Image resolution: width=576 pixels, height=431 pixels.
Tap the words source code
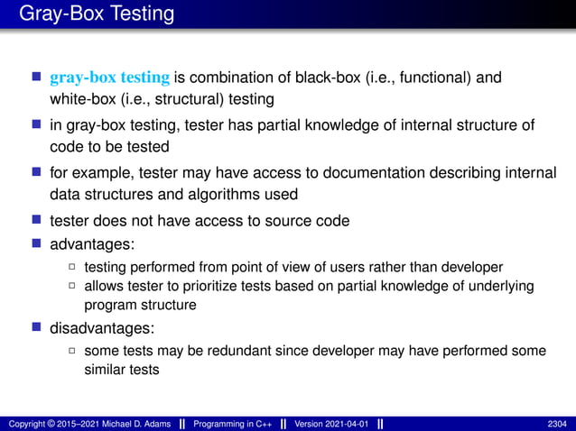309,220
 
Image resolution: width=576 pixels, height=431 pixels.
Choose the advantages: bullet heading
93,244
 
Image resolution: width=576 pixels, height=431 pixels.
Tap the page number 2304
558,424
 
